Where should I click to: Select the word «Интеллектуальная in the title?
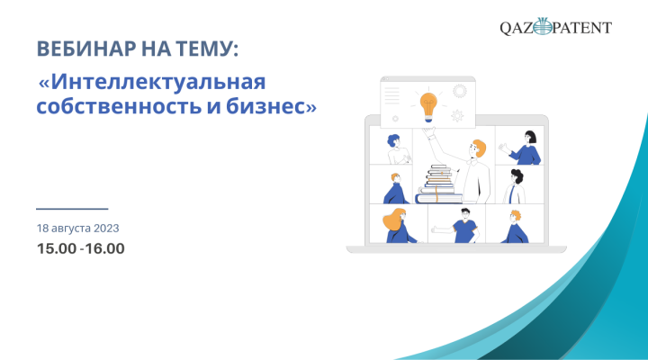tap(152, 82)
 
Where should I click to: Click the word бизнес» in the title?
tap(271, 106)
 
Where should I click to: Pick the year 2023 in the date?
tap(106, 229)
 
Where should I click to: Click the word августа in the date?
tap(71, 229)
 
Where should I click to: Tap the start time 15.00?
tap(57, 248)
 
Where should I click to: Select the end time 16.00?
tap(105, 248)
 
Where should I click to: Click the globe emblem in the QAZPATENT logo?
tap(543, 26)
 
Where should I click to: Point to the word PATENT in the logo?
tap(581, 28)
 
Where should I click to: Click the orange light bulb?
tap(428, 107)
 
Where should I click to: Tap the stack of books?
tap(439, 184)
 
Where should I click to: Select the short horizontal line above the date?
tap(72, 209)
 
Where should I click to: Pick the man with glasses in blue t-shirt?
tap(462, 226)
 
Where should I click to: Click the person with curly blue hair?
tap(398, 149)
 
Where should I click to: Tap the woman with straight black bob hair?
tap(522, 148)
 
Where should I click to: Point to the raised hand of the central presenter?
tap(429, 131)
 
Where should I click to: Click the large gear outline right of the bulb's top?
tap(460, 91)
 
